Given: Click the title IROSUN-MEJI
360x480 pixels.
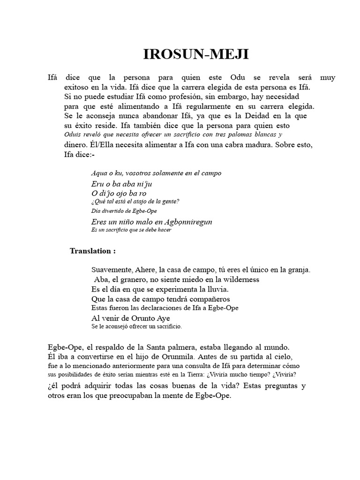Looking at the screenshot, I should pos(196,55).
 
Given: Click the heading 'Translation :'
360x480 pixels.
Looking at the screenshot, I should pos(93,251).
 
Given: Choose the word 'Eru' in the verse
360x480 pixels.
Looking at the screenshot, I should pos(97,184).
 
